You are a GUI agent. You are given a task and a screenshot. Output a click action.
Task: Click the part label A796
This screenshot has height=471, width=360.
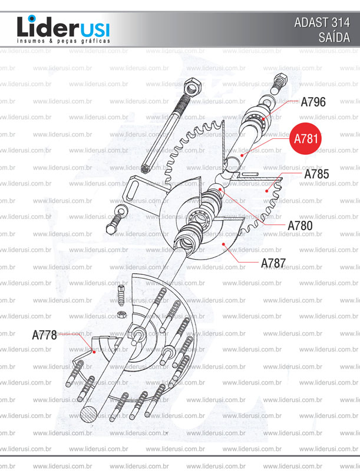(x=313, y=102)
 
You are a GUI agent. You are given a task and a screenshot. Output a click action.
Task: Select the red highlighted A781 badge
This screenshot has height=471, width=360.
(x=306, y=139)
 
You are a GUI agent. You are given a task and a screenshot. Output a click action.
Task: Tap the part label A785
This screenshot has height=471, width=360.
(x=316, y=174)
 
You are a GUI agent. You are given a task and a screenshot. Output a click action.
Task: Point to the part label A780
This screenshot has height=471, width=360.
(x=299, y=225)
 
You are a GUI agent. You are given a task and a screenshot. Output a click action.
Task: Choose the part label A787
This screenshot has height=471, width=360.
(x=273, y=263)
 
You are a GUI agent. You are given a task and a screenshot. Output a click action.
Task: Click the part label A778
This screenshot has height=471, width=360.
(x=44, y=335)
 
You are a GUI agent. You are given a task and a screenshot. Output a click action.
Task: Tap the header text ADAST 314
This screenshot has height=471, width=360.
(x=322, y=24)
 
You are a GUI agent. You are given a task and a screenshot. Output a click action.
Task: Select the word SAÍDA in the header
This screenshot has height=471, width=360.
(x=334, y=38)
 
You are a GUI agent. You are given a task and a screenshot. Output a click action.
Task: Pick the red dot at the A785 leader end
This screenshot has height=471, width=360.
(x=268, y=190)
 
